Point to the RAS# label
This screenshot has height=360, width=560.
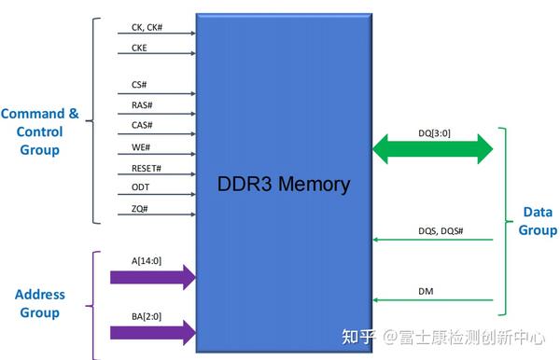(142, 105)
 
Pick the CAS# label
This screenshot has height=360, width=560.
(142, 126)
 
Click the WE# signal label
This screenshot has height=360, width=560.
(140, 146)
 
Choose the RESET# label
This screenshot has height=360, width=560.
(147, 168)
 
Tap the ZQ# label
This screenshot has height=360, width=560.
(139, 209)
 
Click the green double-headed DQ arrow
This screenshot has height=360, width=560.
(433, 147)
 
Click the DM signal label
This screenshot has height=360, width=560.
(425, 292)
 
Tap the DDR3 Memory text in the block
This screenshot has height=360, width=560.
(283, 184)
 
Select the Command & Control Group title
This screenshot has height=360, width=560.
(39, 132)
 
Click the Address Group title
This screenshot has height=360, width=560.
(40, 304)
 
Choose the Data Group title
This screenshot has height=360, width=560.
(538, 221)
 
